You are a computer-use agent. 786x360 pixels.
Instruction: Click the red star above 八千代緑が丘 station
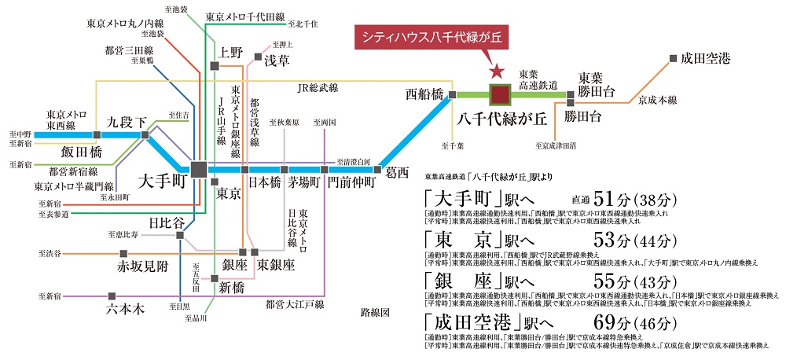pos(497,71)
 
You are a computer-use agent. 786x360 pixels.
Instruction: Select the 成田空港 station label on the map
pos(706,58)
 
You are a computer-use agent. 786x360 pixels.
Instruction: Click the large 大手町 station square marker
pos(198,169)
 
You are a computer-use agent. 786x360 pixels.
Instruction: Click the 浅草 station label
pos(277,60)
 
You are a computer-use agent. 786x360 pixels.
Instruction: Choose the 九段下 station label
pos(127,123)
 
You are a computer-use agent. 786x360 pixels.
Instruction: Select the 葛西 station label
pos(397,171)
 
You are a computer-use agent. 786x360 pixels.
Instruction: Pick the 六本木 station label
pos(125,309)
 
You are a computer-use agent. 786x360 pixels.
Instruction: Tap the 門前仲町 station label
pos(351,182)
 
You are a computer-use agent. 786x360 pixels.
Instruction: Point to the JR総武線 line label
pos(318,88)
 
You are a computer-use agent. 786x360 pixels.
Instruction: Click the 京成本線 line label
pos(657,100)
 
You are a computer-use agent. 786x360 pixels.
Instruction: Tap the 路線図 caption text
pos(375,312)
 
